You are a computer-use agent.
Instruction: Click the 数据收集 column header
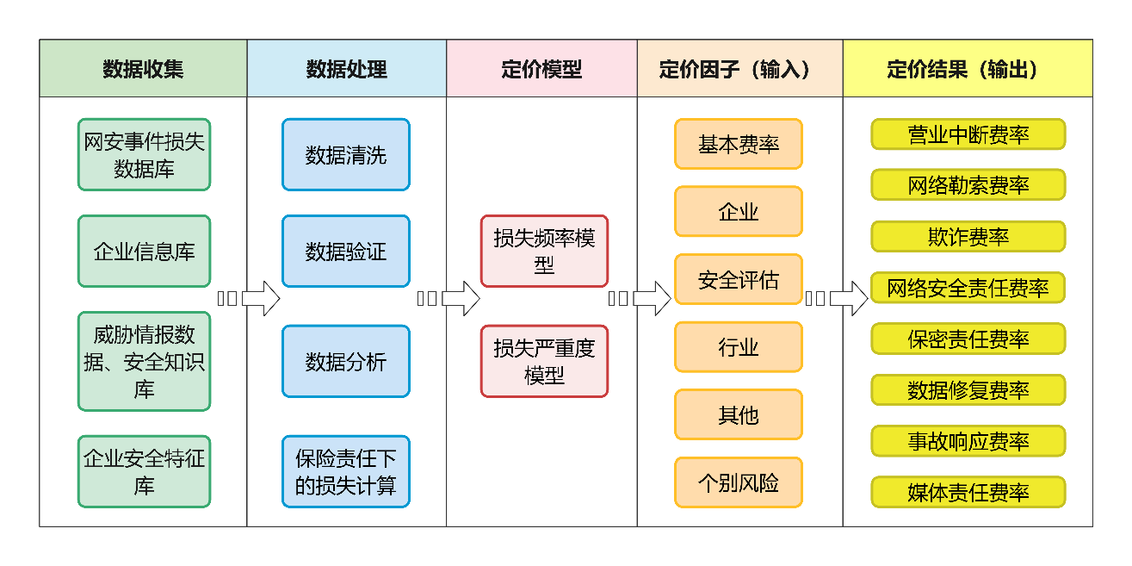[x=143, y=69]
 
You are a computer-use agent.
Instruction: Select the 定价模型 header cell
[x=541, y=69]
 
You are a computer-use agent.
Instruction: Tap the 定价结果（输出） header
[x=968, y=69]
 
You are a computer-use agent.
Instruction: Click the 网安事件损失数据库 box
[x=144, y=154]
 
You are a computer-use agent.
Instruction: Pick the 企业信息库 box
[x=144, y=251]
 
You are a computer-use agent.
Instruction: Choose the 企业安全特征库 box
[x=144, y=471]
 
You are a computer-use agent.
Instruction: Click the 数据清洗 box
[x=346, y=154]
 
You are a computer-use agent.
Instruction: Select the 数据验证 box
[x=346, y=251]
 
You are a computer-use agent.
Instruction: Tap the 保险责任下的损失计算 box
[x=346, y=471]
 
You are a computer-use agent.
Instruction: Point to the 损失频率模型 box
[x=544, y=251]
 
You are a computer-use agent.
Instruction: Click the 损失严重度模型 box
[x=544, y=361]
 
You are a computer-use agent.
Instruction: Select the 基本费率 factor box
[x=739, y=144]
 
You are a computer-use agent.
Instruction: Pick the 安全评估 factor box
[x=739, y=279]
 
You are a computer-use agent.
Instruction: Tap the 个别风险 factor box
[x=739, y=482]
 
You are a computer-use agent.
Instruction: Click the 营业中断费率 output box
[x=968, y=134]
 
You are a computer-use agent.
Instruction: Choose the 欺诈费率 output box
[x=968, y=236]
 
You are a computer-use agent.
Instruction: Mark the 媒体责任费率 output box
[x=968, y=493]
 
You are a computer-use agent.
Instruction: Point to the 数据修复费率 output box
[x=968, y=390]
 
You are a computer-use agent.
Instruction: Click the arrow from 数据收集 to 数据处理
[x=250, y=298]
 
